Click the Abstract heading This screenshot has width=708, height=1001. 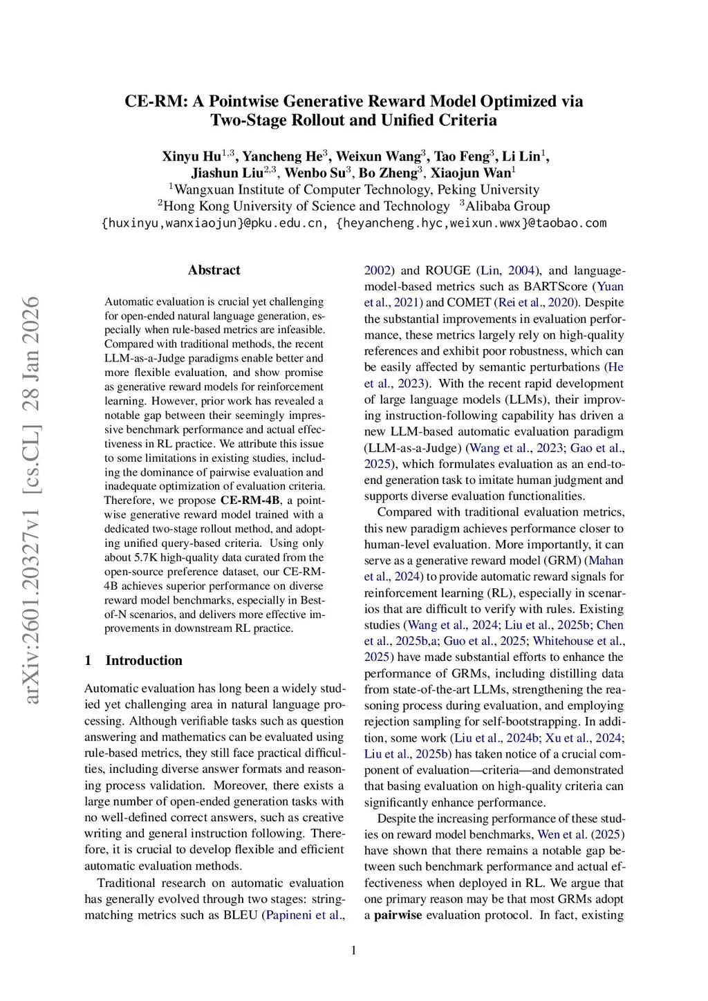pyautogui.click(x=214, y=270)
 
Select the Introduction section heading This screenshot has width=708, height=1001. pyautogui.click(x=144, y=660)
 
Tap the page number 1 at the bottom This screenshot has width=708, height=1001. pyautogui.click(x=354, y=951)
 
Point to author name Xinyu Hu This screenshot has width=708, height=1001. pyautogui.click(x=192, y=156)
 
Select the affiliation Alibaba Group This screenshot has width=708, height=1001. pyautogui.click(x=507, y=206)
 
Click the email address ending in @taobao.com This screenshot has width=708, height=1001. pyautogui.click(x=471, y=223)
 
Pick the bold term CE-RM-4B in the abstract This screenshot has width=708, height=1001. pyautogui.click(x=250, y=501)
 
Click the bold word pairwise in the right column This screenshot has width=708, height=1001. pyautogui.click(x=398, y=915)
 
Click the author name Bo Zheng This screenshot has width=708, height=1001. pyautogui.click(x=388, y=173)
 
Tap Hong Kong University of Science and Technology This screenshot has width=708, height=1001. pyautogui.click(x=306, y=206)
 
